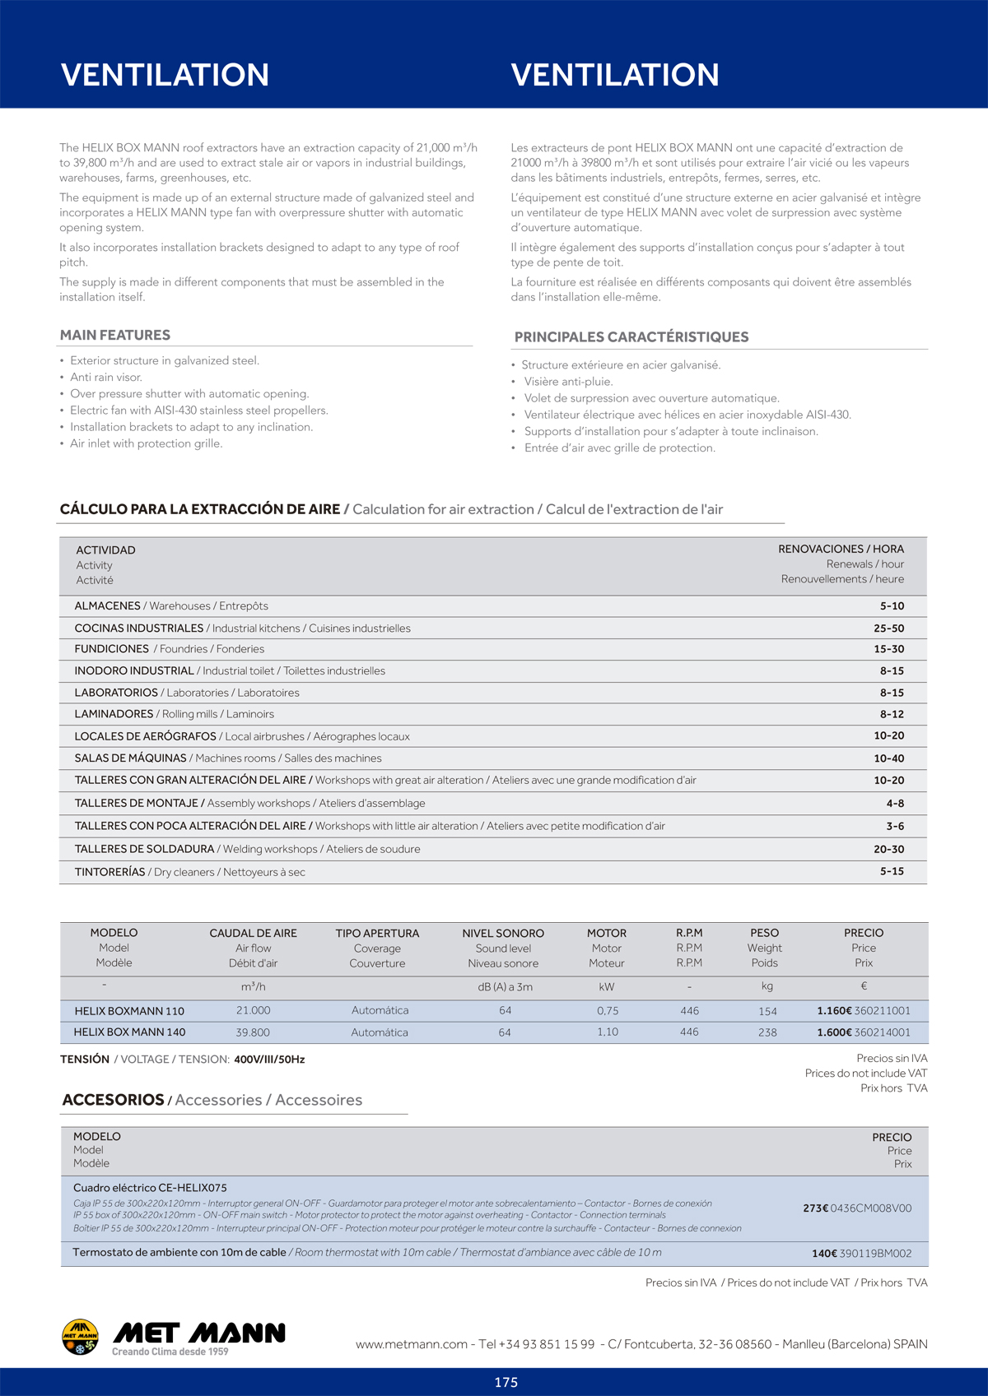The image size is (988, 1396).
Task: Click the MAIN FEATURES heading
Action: click(x=115, y=335)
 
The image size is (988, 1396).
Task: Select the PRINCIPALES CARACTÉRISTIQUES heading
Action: click(x=631, y=336)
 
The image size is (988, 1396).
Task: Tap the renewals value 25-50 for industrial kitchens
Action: click(x=888, y=628)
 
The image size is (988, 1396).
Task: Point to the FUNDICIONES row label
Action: click(x=112, y=649)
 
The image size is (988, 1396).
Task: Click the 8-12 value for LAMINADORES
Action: click(x=892, y=714)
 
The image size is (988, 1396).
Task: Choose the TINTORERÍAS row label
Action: click(x=110, y=872)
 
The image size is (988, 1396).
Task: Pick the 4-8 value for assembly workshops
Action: click(x=895, y=803)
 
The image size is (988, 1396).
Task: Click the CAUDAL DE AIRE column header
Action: click(x=253, y=933)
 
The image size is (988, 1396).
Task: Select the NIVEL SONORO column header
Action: click(x=503, y=933)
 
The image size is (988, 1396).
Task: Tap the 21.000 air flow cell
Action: click(x=253, y=1010)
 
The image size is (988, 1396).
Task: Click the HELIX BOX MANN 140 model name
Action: click(x=129, y=1032)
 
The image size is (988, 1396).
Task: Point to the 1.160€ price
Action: click(x=834, y=1010)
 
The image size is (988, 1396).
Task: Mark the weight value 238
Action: click(x=767, y=1032)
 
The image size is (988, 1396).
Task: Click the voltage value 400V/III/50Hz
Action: click(x=269, y=1060)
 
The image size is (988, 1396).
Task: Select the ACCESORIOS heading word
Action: click(x=113, y=1100)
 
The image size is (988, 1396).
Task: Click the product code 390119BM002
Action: click(x=875, y=1254)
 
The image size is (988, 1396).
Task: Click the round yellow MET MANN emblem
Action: click(x=80, y=1336)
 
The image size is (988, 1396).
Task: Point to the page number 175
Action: click(x=506, y=1382)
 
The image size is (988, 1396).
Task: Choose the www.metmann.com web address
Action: click(x=412, y=1344)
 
